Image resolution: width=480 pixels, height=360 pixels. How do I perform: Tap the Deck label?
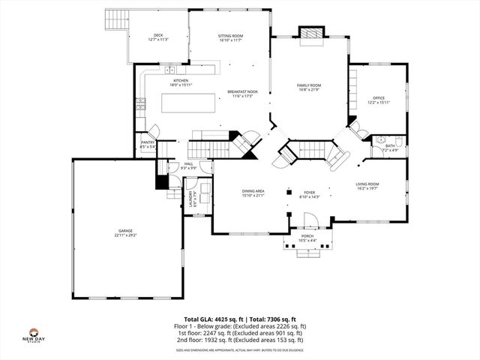[158, 37]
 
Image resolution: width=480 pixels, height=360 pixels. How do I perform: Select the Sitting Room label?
[230, 37]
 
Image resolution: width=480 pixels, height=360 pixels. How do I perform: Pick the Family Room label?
[309, 88]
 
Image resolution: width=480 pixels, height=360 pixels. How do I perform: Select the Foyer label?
[310, 194]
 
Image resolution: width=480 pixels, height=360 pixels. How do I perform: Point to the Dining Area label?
[253, 193]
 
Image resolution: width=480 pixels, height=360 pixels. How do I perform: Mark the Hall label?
[189, 166]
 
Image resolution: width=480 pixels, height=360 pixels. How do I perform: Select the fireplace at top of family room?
[310, 34]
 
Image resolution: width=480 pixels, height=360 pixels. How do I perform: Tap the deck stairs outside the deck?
[116, 20]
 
